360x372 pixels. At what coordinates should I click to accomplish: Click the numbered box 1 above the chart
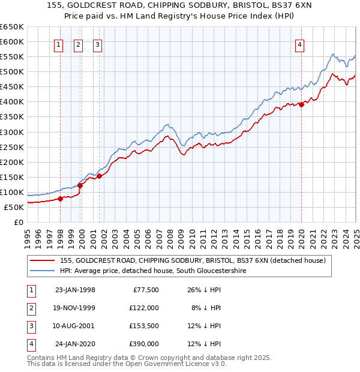[x=59, y=44]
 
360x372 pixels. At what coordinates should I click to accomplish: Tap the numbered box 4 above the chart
[x=299, y=44]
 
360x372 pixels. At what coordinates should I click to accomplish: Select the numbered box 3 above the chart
[x=97, y=44]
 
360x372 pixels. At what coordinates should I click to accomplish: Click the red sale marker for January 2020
[x=301, y=104]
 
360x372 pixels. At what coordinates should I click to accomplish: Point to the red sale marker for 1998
[x=60, y=199]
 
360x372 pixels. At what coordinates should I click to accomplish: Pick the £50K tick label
[x=14, y=207]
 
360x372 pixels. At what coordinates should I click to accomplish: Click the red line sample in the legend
[x=41, y=260]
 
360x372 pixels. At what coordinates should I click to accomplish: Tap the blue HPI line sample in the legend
[x=41, y=271]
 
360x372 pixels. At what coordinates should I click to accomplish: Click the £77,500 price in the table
[x=144, y=290]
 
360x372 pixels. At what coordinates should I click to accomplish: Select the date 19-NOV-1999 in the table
[x=74, y=308]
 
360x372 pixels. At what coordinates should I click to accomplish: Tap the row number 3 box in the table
[x=30, y=326]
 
